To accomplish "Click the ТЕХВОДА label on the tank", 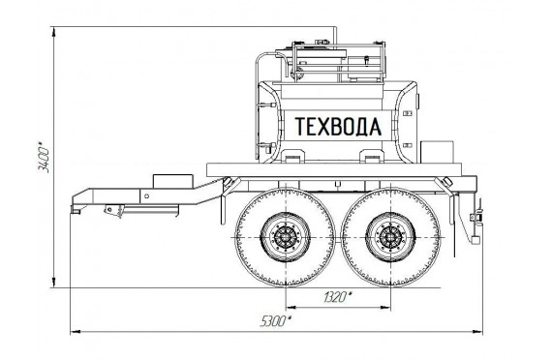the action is tap(338, 127).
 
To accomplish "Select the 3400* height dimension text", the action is tap(44, 158).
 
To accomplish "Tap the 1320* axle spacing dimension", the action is tap(337, 297).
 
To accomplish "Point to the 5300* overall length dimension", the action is tap(276, 321).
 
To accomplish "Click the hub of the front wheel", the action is tap(285, 237).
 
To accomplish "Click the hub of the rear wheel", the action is tap(390, 237).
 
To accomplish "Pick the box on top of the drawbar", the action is tap(172, 181).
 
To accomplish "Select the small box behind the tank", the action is tap(437, 152).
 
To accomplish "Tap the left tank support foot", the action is tap(292, 156).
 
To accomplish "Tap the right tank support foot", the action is tap(372, 156).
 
